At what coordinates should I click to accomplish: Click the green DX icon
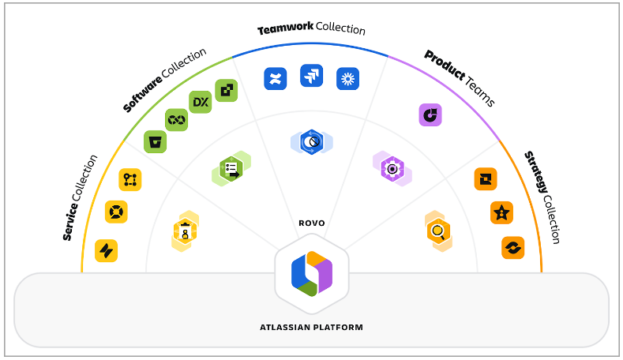pyautogui.click(x=201, y=103)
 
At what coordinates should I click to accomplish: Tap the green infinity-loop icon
pyautogui.click(x=176, y=120)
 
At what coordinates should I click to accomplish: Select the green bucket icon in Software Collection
pyautogui.click(x=155, y=141)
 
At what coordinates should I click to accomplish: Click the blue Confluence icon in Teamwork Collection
pyautogui.click(x=275, y=77)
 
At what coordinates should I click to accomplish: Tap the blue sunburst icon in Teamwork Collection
pyautogui.click(x=347, y=77)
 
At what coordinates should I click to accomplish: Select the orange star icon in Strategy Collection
pyautogui.click(x=502, y=212)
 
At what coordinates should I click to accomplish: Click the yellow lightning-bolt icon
pyautogui.click(x=106, y=250)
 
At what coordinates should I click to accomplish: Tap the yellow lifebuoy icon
pyautogui.click(x=116, y=212)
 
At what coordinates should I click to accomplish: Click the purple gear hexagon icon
pyautogui.click(x=392, y=168)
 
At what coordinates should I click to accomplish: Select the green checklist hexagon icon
pyautogui.click(x=231, y=169)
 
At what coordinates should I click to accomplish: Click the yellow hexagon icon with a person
pyautogui.click(x=186, y=231)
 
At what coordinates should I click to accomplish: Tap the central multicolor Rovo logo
pyautogui.click(x=311, y=273)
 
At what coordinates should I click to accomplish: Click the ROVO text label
pyautogui.click(x=311, y=223)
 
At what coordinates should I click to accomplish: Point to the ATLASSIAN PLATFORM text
pyautogui.click(x=311, y=326)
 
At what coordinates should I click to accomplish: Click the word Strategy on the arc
pyautogui.click(x=535, y=170)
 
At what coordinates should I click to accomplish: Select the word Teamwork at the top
pyautogui.click(x=285, y=29)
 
